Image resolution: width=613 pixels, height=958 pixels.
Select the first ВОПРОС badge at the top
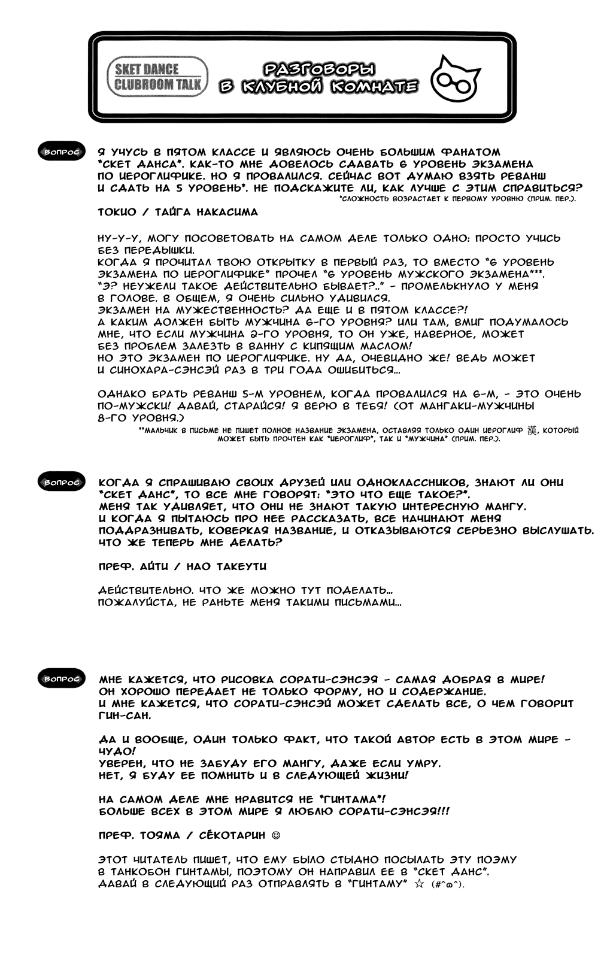click(60, 153)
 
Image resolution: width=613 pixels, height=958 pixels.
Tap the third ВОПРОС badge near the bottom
click(60, 680)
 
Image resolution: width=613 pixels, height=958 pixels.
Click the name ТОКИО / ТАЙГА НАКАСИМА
click(178, 212)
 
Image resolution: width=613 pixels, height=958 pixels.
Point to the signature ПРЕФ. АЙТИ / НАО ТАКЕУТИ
click(182, 566)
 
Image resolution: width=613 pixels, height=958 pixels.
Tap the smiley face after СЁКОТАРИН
click(275, 835)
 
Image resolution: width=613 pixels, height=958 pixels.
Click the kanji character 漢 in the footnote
click(532, 431)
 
